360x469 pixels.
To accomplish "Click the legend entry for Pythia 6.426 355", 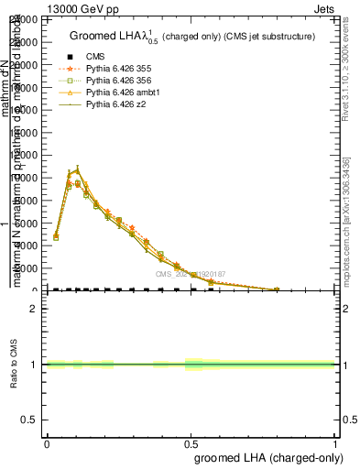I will (x=117, y=69).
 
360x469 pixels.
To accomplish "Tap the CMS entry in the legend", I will (x=96, y=57).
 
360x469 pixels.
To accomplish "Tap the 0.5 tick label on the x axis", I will (x=191, y=442).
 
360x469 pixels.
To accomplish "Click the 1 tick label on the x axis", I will (x=335, y=442).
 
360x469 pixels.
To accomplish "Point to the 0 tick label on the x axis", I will (x=46, y=442).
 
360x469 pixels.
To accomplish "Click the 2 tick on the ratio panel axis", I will (x=35, y=309).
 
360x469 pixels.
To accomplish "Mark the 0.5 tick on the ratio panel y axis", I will (x=31, y=420).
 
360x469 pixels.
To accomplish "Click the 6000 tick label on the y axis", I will (x=29, y=223).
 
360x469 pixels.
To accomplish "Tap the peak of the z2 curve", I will (x=79, y=169).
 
